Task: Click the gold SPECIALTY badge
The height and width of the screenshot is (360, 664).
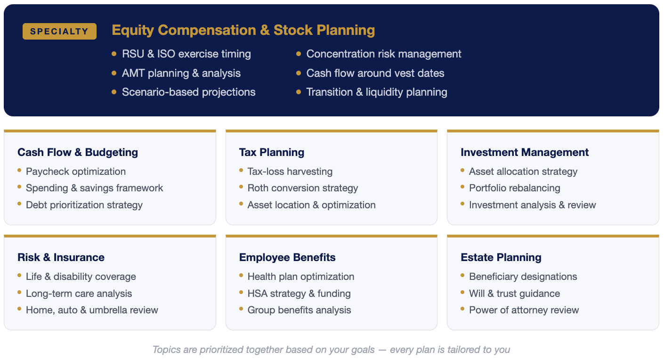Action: coord(60,31)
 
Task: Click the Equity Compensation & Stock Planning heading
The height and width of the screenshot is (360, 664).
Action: coord(243,30)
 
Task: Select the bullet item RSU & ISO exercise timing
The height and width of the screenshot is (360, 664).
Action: coord(186,54)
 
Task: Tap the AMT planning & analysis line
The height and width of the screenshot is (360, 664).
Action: coord(181,73)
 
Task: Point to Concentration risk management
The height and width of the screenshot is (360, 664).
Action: coord(384,54)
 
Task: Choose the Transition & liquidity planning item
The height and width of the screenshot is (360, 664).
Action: coord(377,92)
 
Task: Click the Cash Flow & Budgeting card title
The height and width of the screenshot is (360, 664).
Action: coord(78,152)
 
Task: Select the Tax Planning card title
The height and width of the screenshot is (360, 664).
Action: coord(272,152)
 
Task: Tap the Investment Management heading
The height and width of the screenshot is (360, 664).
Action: coord(525,152)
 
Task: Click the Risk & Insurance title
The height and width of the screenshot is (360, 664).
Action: coord(61,257)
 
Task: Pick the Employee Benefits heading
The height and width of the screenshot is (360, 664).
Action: coord(287,257)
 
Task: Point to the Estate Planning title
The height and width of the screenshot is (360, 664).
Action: coord(501,257)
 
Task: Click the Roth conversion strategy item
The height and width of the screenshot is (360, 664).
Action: coord(303,188)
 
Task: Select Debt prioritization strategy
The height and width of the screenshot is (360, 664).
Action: coord(84,205)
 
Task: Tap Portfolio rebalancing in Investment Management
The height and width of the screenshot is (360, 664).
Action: coord(515,188)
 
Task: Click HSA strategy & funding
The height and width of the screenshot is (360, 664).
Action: coord(299,294)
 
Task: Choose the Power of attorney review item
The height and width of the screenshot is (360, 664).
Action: coord(524,310)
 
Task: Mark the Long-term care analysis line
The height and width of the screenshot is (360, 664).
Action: coord(79,294)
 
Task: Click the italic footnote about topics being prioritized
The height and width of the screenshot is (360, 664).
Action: coord(331,350)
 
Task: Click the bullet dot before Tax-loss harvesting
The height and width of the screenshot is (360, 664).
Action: coord(241,170)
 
